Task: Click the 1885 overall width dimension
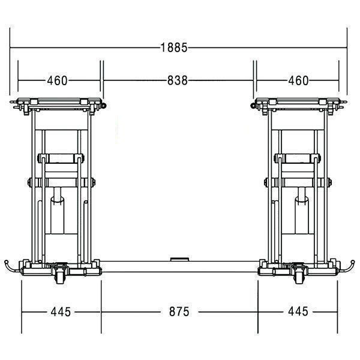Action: coord(174,48)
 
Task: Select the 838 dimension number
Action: coord(178,80)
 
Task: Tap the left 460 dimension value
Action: coord(57,80)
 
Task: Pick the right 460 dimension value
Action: coord(298,80)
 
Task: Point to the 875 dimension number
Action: coord(179,312)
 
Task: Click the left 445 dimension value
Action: coord(61,312)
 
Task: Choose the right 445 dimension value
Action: coord(298,311)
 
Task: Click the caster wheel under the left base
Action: coord(59,277)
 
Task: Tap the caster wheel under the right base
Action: coord(300,277)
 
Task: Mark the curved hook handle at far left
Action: coord(10,268)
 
